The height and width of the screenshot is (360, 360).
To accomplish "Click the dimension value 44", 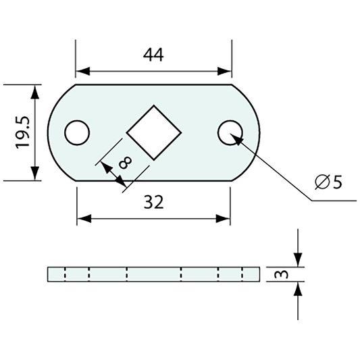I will pos(153,55).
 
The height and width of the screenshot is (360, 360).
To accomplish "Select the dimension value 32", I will pos(153,203).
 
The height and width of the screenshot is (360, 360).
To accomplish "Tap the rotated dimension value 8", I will pos(124,162).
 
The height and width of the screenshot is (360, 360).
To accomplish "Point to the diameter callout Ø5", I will pos(329,182).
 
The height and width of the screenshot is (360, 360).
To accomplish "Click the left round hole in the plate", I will pos(77,132).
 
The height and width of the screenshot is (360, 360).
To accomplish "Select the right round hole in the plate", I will pos(230,132).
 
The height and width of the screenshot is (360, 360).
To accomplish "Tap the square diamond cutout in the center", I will pos(153,132).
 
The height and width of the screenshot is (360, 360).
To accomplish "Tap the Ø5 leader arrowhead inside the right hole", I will pos(235,138).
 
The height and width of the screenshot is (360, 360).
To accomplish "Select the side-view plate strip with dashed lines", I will pos(153,274).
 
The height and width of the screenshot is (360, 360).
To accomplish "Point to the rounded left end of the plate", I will pos(56,132).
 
